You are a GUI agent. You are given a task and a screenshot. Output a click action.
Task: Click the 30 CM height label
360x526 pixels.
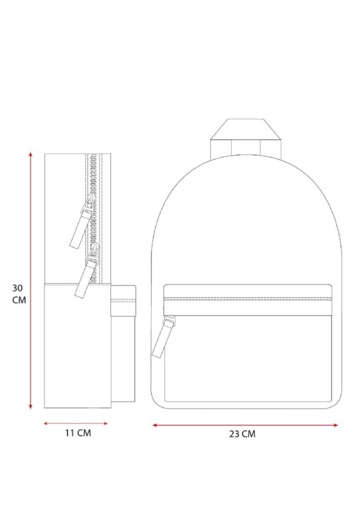point(19,294)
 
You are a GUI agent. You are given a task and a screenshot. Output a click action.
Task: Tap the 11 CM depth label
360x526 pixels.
point(78,433)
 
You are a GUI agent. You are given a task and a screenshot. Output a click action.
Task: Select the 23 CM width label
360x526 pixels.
point(242,434)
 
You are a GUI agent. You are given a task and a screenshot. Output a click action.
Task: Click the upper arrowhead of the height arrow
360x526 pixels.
point(31,154)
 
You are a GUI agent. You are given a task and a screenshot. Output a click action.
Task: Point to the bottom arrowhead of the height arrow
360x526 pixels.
point(31,406)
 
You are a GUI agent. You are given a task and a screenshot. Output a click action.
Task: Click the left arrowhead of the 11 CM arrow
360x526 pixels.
point(46,424)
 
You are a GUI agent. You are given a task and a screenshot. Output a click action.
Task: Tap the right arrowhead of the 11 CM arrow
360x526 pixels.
point(105,423)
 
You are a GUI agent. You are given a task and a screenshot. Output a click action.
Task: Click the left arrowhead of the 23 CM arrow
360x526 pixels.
point(155,425)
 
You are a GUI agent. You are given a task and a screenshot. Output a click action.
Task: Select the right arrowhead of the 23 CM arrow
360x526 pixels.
point(335,425)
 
